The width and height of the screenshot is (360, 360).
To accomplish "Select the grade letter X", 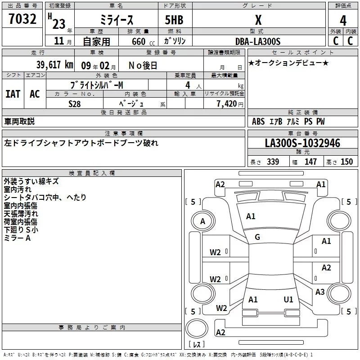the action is coord(258,20).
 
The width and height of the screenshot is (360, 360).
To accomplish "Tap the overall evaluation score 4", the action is coord(343,21).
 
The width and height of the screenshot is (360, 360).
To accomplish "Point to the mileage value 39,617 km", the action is coord(54,65).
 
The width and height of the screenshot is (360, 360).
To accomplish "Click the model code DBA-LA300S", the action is coord(258,41).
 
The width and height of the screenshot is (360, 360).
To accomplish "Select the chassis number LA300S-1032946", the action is coord(302,144).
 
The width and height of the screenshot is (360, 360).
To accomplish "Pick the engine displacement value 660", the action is coord(139,41).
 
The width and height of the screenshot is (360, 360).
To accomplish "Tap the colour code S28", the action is coord(75,103).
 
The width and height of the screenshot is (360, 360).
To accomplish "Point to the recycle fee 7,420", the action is coord(228,103).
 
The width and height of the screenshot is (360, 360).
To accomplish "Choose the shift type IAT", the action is coord(13,94).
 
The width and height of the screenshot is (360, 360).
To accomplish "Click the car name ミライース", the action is coord(116,20).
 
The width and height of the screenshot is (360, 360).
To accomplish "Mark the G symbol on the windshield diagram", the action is coord(257,237).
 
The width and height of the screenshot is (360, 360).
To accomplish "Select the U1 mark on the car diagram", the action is coord(288,299).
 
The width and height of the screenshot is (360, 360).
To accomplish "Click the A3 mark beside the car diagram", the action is coord(320,292).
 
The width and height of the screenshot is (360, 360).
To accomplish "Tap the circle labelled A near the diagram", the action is coord(202,221).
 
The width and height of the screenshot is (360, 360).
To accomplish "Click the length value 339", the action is coord(273,162).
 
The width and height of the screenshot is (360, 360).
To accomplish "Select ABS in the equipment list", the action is coord(258,121).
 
